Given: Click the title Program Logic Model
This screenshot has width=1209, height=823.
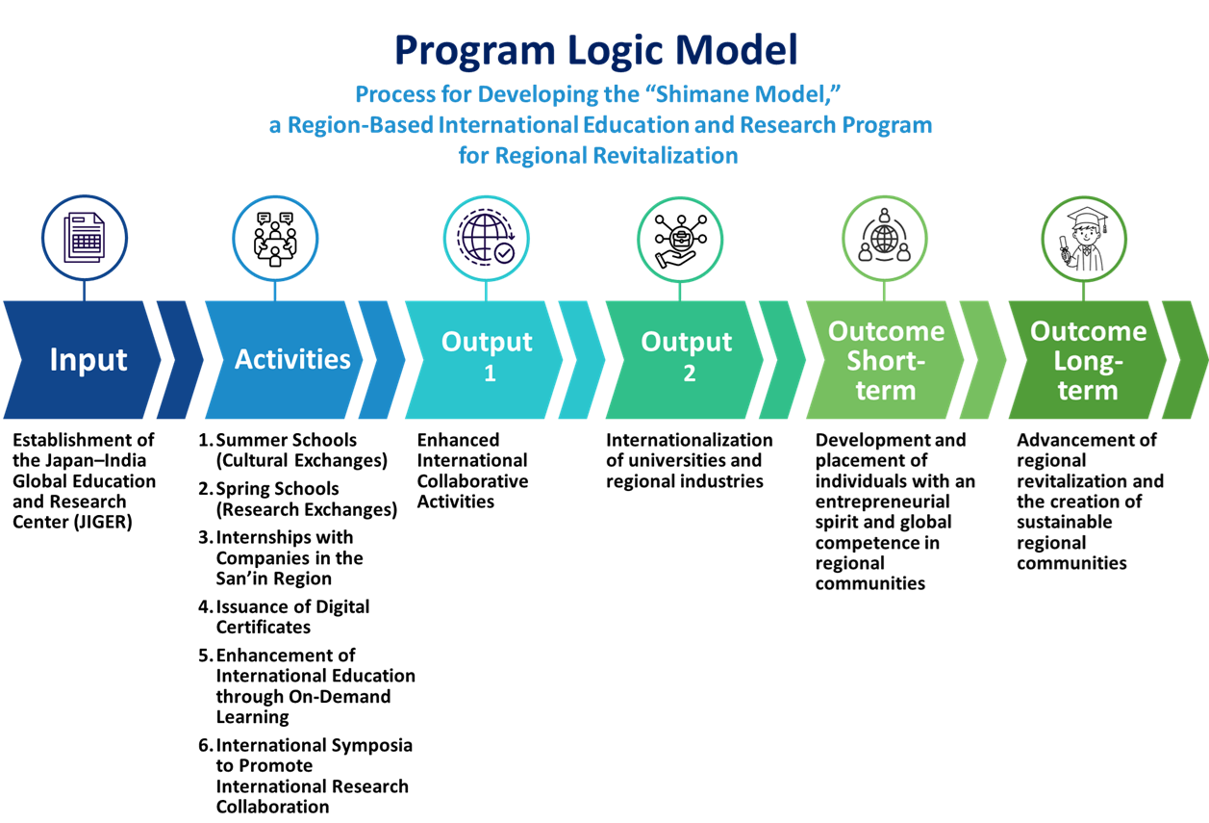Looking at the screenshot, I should [x=595, y=50].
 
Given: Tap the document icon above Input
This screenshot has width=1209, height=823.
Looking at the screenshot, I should [x=84, y=238].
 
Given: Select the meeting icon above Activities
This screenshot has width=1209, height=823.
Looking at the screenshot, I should [x=275, y=238].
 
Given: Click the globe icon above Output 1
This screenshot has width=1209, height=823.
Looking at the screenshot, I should [x=487, y=238].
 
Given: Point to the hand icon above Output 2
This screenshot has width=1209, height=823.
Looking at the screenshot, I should [x=681, y=238].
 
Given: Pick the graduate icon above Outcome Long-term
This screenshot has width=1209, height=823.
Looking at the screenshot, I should [x=1084, y=238].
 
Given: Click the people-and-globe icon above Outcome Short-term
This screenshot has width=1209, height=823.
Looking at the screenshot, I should [x=884, y=238].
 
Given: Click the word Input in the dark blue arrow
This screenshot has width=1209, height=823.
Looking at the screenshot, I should [x=88, y=360].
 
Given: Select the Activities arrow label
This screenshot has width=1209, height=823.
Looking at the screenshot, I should [x=292, y=359].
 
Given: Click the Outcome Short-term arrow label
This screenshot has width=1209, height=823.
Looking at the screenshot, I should [x=886, y=360].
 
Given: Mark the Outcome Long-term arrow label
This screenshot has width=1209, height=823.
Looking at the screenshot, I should [x=1088, y=360].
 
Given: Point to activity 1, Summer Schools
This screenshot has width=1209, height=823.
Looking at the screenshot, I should [x=287, y=440].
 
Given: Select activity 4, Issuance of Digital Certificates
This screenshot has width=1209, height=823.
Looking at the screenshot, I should [x=292, y=616].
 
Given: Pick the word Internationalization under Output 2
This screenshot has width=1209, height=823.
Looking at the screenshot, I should [x=689, y=440].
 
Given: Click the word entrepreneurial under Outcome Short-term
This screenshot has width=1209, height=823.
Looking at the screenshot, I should [x=882, y=502].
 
